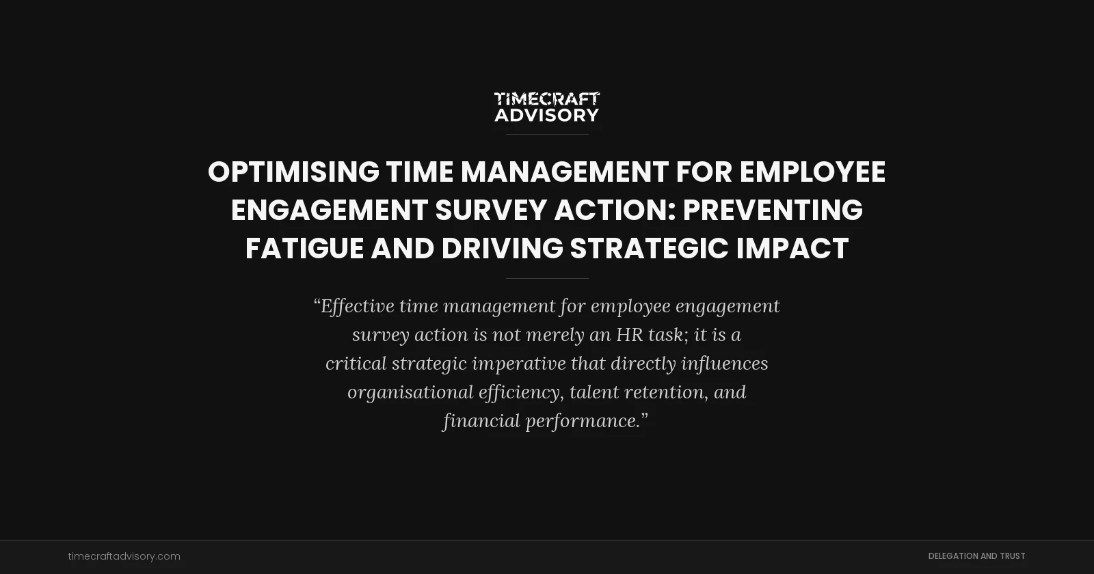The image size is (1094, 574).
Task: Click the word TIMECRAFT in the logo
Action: [546, 99]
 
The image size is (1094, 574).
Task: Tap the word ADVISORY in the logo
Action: [546, 115]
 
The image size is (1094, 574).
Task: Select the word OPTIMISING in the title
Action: [293, 172]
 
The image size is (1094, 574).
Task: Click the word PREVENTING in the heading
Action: [773, 210]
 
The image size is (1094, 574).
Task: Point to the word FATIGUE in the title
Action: [304, 249]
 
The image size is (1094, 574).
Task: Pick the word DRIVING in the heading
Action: [502, 249]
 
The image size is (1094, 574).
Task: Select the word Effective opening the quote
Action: [357, 306]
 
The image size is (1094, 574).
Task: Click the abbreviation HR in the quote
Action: [629, 335]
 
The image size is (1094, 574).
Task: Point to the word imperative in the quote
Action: [519, 364]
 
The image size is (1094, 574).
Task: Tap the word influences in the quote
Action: [724, 364]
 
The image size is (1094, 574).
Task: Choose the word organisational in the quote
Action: [410, 392]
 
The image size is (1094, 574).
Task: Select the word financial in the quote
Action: [481, 421]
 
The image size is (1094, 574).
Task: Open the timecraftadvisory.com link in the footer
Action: [124, 556]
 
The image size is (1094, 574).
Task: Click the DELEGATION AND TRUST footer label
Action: [976, 556]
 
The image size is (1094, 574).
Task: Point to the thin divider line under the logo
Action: [547, 135]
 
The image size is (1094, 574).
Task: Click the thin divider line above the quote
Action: [547, 278]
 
